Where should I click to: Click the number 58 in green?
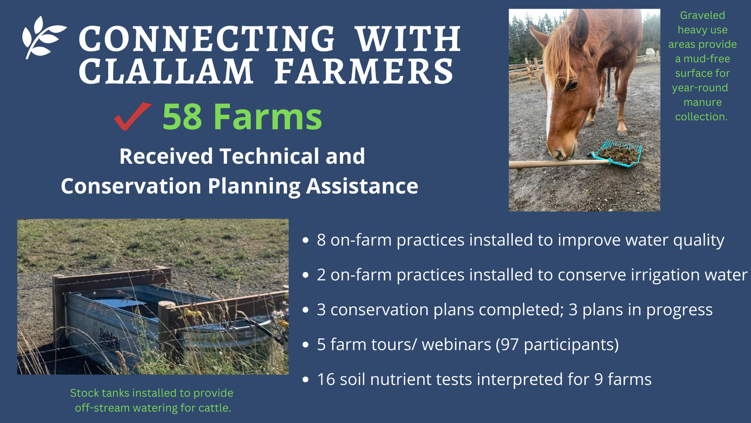click(182, 117)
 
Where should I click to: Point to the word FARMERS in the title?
click(364, 72)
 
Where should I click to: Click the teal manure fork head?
click(617, 153)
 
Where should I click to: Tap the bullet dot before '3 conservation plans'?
click(306, 310)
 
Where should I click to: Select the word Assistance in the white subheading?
click(362, 186)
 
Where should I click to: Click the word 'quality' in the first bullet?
click(698, 241)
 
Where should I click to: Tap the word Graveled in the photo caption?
click(702, 16)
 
